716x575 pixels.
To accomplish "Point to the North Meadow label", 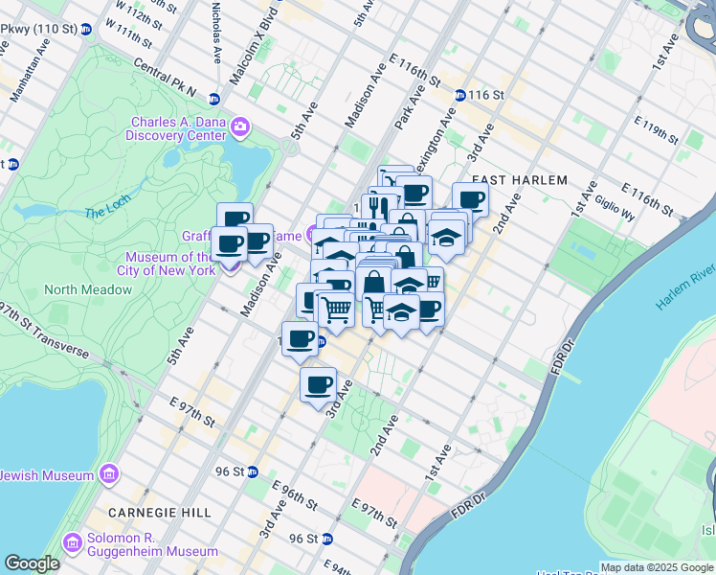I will click(x=88, y=289).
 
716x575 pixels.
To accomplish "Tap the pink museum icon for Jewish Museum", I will click(x=108, y=474).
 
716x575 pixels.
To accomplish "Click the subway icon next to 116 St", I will click(x=460, y=95).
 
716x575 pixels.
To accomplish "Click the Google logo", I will click(x=33, y=563).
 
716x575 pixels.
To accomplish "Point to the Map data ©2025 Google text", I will click(x=658, y=567).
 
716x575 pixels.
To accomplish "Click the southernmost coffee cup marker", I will click(x=319, y=385).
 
